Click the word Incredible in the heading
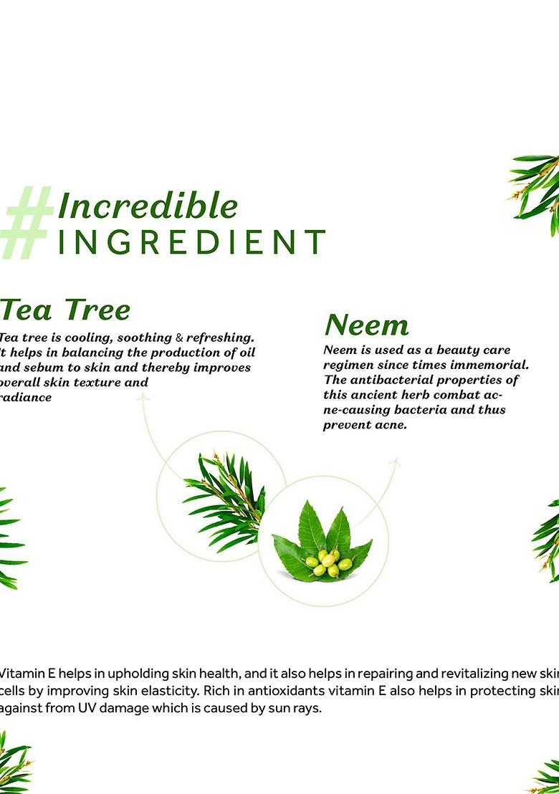148,206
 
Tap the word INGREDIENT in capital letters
191,243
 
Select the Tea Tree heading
65,310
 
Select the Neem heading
366,325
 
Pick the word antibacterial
392,380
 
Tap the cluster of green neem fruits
328,562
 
